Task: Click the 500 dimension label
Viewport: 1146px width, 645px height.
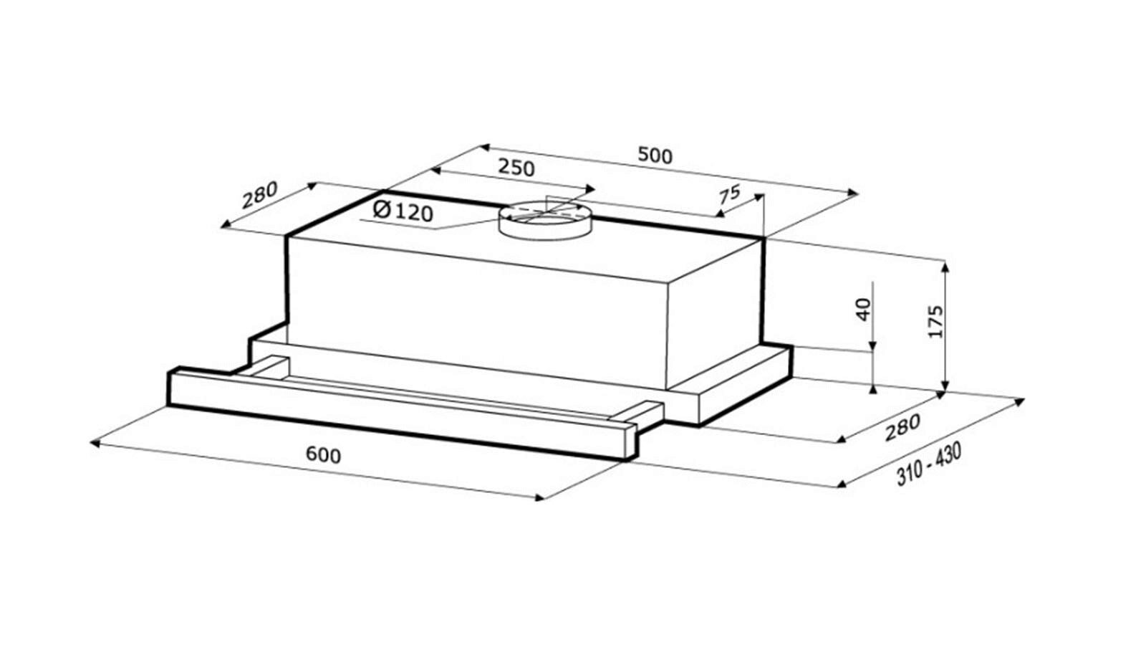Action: pyautogui.click(x=655, y=155)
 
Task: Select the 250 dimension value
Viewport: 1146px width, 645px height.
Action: pyautogui.click(x=516, y=168)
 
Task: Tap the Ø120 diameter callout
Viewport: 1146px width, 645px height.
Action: pyautogui.click(x=403, y=211)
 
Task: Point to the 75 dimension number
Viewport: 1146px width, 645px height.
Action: pyautogui.click(x=730, y=194)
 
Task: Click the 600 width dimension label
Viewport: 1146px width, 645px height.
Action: pyautogui.click(x=323, y=454)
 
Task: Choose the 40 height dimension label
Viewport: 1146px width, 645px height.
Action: pyautogui.click(x=863, y=309)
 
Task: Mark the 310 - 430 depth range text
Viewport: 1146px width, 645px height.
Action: pyautogui.click(x=928, y=464)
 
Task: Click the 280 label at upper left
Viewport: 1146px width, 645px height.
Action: pyautogui.click(x=259, y=195)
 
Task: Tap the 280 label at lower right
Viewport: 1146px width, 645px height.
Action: pyautogui.click(x=902, y=427)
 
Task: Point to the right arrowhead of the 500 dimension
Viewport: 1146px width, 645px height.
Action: pyautogui.click(x=853, y=193)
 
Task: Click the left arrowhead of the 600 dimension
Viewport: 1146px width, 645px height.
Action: pyautogui.click(x=96, y=444)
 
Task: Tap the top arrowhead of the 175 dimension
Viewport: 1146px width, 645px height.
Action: pyautogui.click(x=945, y=267)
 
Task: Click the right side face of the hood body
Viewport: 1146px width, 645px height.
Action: pyautogui.click(x=716, y=312)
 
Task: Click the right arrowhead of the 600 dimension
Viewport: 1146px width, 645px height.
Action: pyautogui.click(x=538, y=497)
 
